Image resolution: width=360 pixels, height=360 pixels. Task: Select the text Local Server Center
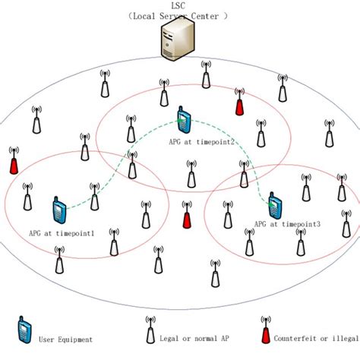(x=180, y=16)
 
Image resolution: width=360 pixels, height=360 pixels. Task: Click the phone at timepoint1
(x=59, y=210)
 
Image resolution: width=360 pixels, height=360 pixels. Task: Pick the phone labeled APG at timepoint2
(x=183, y=121)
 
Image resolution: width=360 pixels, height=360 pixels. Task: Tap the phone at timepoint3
(x=275, y=205)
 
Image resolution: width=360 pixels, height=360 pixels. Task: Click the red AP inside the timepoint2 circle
(x=239, y=105)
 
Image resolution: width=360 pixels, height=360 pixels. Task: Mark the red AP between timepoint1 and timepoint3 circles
(x=187, y=219)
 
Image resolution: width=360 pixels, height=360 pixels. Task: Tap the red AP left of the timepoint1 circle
(x=12, y=163)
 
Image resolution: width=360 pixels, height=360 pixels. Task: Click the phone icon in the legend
(x=24, y=330)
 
